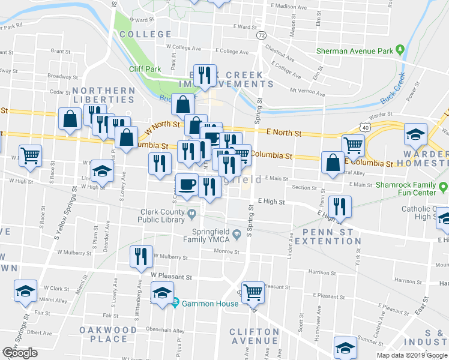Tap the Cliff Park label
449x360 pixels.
pyautogui.click(x=145, y=69)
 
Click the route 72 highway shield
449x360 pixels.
pyautogui.click(x=261, y=36)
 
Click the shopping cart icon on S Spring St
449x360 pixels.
pyautogui.click(x=253, y=292)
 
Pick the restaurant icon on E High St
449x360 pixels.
pyautogui.click(x=340, y=206)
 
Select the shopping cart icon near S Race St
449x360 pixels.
pyautogui.click(x=30, y=155)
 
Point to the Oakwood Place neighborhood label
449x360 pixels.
pyautogui.click(x=109, y=334)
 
